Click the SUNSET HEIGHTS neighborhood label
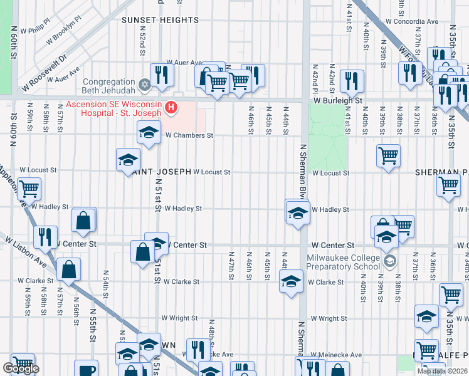[x=160, y=20]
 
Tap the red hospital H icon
[x=170, y=109]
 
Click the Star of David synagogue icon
[x=144, y=83]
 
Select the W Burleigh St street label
[x=339, y=100]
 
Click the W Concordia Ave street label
[x=412, y=21]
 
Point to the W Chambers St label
[x=189, y=135]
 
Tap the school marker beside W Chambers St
[x=149, y=132]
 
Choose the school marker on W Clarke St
[x=291, y=282]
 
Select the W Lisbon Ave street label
[x=24, y=249]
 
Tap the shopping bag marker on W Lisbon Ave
[x=68, y=269]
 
